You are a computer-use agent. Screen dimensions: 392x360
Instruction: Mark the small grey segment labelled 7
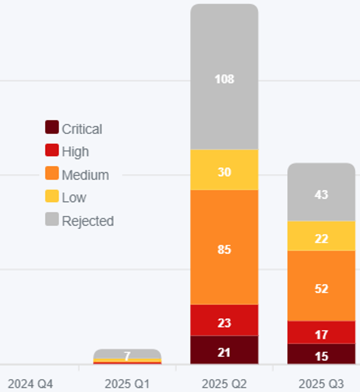[x=127, y=354]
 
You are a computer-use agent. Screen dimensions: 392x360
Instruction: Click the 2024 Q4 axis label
[x=30, y=383]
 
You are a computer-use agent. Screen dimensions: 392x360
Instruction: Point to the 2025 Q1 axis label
[x=127, y=383]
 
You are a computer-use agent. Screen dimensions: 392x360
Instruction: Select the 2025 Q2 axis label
[x=224, y=383]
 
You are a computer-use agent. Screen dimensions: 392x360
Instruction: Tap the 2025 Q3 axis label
[x=321, y=383]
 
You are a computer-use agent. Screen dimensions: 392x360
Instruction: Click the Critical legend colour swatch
[x=52, y=127]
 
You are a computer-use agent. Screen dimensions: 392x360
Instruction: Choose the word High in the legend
[x=75, y=152]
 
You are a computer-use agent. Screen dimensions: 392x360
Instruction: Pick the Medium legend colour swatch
[x=52, y=173]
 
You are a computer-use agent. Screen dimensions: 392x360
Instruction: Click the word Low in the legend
[x=74, y=197]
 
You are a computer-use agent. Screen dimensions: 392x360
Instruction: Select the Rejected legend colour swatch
[x=52, y=219]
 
